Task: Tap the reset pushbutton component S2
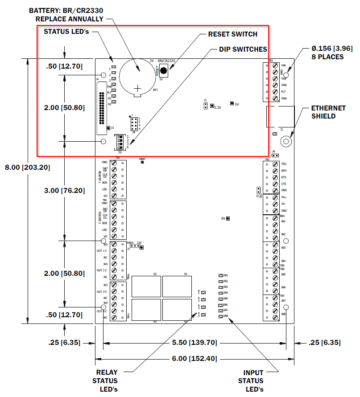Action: pyautogui.click(x=164, y=70)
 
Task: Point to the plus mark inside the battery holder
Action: pyautogui.click(x=139, y=88)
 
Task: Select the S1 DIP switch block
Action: pyautogui.click(x=120, y=142)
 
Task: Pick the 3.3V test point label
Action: pyautogui.click(x=218, y=107)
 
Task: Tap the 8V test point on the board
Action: pyautogui.click(x=228, y=218)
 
